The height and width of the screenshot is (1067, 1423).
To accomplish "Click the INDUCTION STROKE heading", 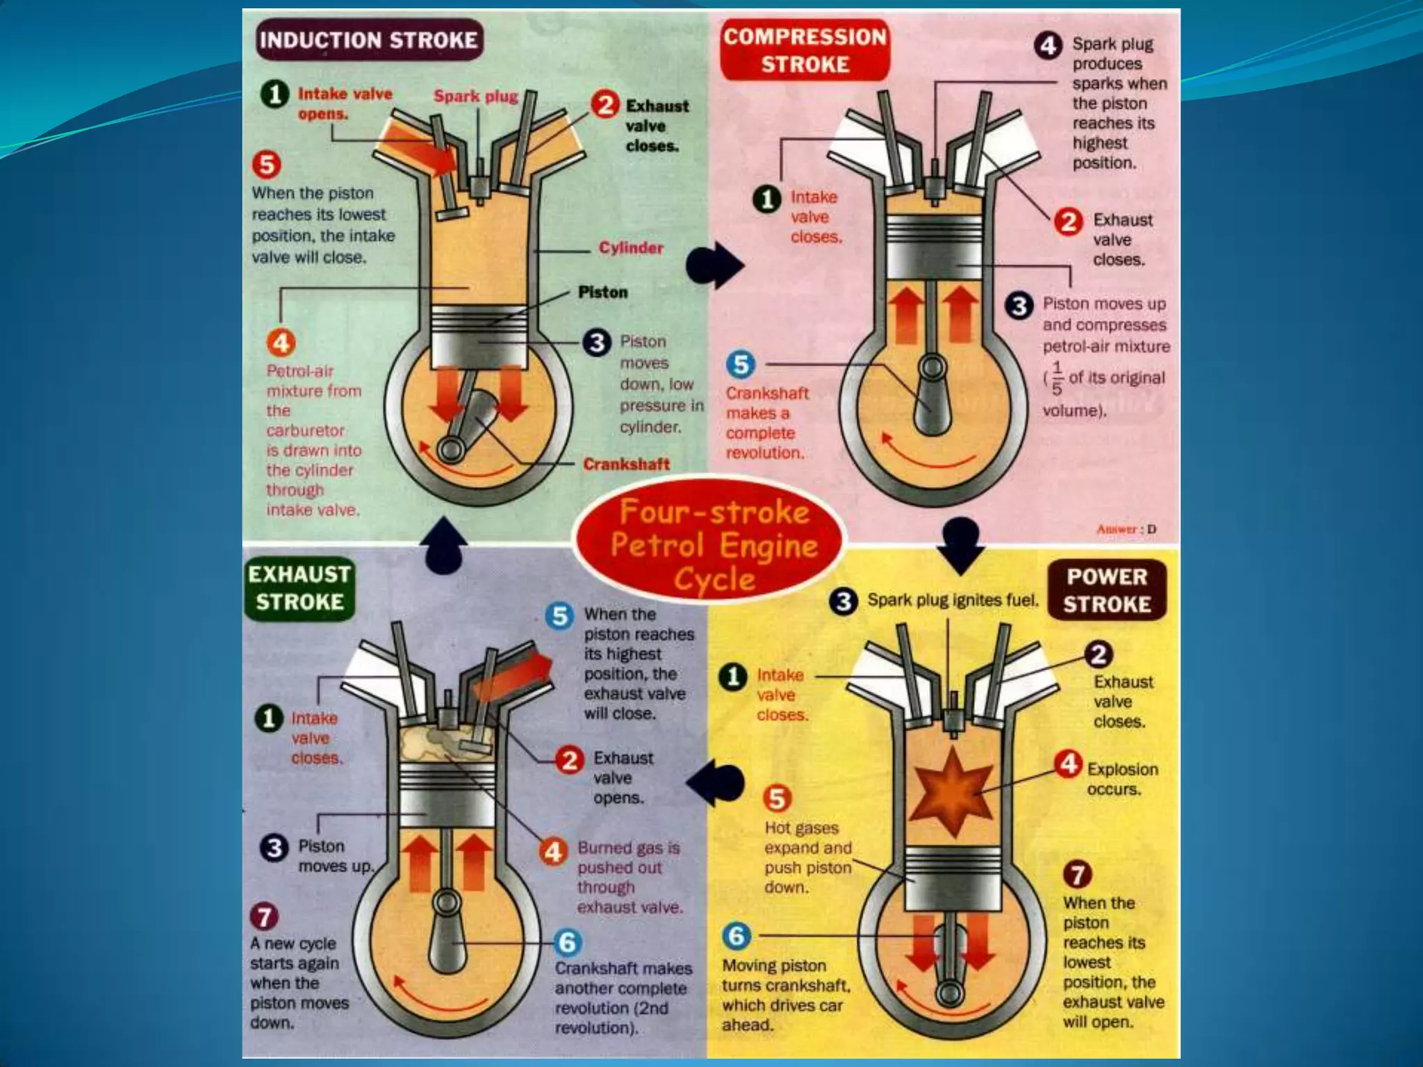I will tap(368, 40).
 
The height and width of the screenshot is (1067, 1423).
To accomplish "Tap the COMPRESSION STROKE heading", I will tap(805, 51).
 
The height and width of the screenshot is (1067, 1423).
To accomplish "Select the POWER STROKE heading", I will tap(1107, 590).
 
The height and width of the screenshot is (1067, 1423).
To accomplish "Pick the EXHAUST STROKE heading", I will tap(299, 588).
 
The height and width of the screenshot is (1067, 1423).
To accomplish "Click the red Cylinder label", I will tap(630, 248).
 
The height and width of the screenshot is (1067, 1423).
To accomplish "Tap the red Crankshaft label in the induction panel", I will tap(626, 464).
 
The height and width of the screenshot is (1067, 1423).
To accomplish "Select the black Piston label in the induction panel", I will tap(602, 292).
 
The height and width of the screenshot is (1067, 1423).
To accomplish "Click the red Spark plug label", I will tap(476, 96).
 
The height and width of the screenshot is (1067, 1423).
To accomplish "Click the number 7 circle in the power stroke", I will tap(1078, 874).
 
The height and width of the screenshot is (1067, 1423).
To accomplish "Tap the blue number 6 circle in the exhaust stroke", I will tap(568, 943).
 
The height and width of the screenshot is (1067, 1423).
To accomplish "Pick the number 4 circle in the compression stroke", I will tap(1048, 46).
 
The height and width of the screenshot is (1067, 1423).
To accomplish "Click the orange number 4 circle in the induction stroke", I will tap(281, 342).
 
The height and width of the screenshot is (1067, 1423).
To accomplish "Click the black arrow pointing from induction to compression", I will tap(716, 265).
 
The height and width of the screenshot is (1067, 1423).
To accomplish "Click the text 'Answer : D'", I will tap(1126, 529).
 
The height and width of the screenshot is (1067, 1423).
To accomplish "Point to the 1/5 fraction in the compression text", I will tap(1056, 378).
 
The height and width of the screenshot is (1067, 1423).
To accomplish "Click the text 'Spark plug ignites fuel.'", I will tap(953, 600).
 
